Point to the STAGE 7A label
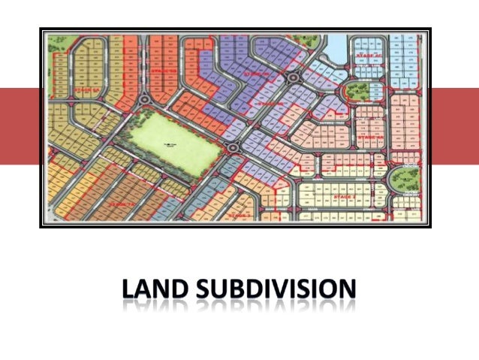tap(120, 204)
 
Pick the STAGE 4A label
tap(369, 138)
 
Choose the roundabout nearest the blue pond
tap(291, 78)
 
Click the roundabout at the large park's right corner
tap(233, 147)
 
